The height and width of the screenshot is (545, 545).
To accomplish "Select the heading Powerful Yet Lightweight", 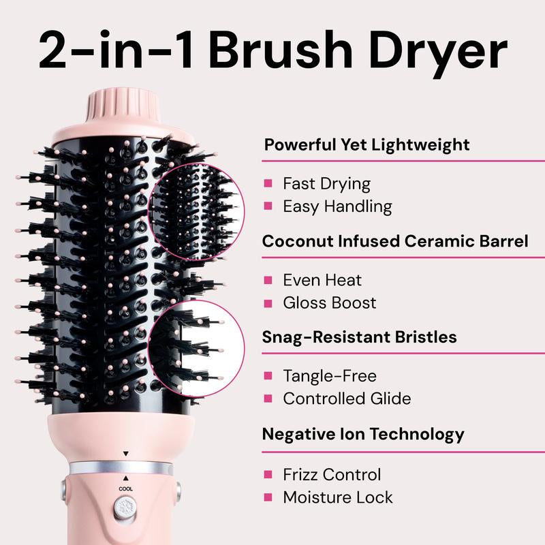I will pos(367,144).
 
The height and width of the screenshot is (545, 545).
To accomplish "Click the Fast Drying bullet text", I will pos(326,183).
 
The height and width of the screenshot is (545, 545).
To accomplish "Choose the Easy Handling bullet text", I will pos(337,206).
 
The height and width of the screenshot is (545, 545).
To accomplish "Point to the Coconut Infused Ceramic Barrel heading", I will pos(395,241).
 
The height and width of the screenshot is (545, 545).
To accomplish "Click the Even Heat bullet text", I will pos(322,280).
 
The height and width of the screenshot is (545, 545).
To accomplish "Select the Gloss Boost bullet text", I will pos(330,302).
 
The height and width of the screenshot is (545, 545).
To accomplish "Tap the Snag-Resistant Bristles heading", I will pos(360,337).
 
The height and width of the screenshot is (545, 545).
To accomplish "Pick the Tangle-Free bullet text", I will pos(330,375).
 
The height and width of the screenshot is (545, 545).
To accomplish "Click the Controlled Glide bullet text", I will pos(347,398).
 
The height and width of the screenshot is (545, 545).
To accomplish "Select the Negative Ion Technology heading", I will pos(363,433).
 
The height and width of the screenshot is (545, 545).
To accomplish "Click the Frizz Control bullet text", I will pos(332,474).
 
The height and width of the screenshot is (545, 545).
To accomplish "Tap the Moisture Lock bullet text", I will pos(338,497).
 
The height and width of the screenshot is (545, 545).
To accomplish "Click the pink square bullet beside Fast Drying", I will pos(268,183).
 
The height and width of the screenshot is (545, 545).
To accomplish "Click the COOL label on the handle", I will pos(125,488).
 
